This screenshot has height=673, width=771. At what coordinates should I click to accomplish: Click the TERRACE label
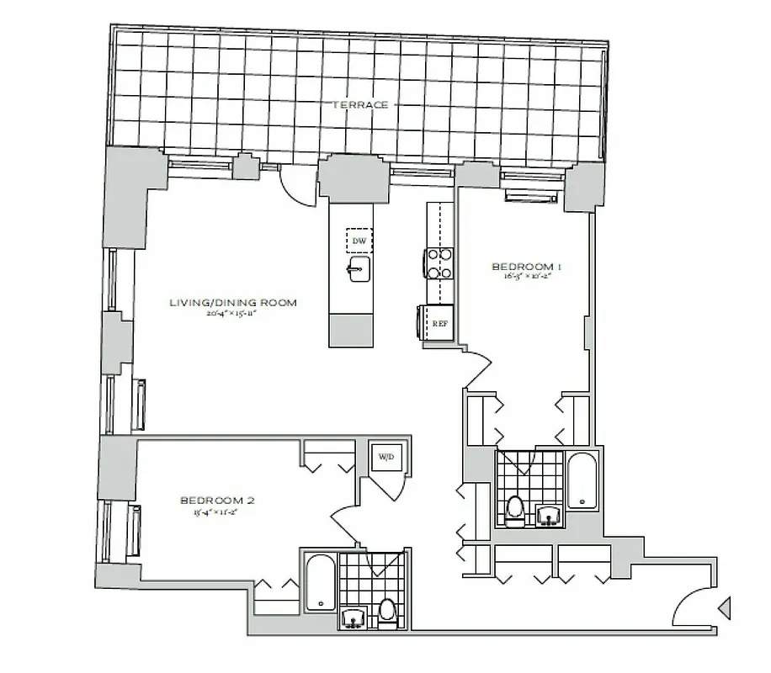pyautogui.click(x=360, y=105)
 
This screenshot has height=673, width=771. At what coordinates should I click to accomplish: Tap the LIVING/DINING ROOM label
pyautogui.click(x=233, y=303)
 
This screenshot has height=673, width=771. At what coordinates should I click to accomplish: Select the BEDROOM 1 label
pyautogui.click(x=526, y=267)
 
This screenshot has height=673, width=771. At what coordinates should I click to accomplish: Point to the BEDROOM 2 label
pyautogui.click(x=217, y=501)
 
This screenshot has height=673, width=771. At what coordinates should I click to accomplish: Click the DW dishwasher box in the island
pyautogui.click(x=359, y=241)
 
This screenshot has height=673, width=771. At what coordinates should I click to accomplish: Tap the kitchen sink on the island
pyautogui.click(x=358, y=271)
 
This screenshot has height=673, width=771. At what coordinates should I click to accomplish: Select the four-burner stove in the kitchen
pyautogui.click(x=439, y=262)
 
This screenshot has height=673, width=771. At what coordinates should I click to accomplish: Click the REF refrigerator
pyautogui.click(x=439, y=322)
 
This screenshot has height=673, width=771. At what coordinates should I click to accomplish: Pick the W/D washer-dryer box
pyautogui.click(x=386, y=458)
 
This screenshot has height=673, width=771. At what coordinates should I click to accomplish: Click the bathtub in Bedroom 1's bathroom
pyautogui.click(x=582, y=482)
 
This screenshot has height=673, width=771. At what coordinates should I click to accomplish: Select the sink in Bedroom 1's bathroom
pyautogui.click(x=549, y=514)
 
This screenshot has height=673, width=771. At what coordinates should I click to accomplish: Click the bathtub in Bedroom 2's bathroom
pyautogui.click(x=318, y=582)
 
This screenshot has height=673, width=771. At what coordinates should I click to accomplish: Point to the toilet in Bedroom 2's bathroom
pyautogui.click(x=387, y=611)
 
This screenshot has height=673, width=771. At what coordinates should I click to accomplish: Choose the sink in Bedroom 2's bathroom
pyautogui.click(x=353, y=618)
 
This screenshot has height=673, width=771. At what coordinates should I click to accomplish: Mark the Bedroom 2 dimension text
pyautogui.click(x=217, y=511)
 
